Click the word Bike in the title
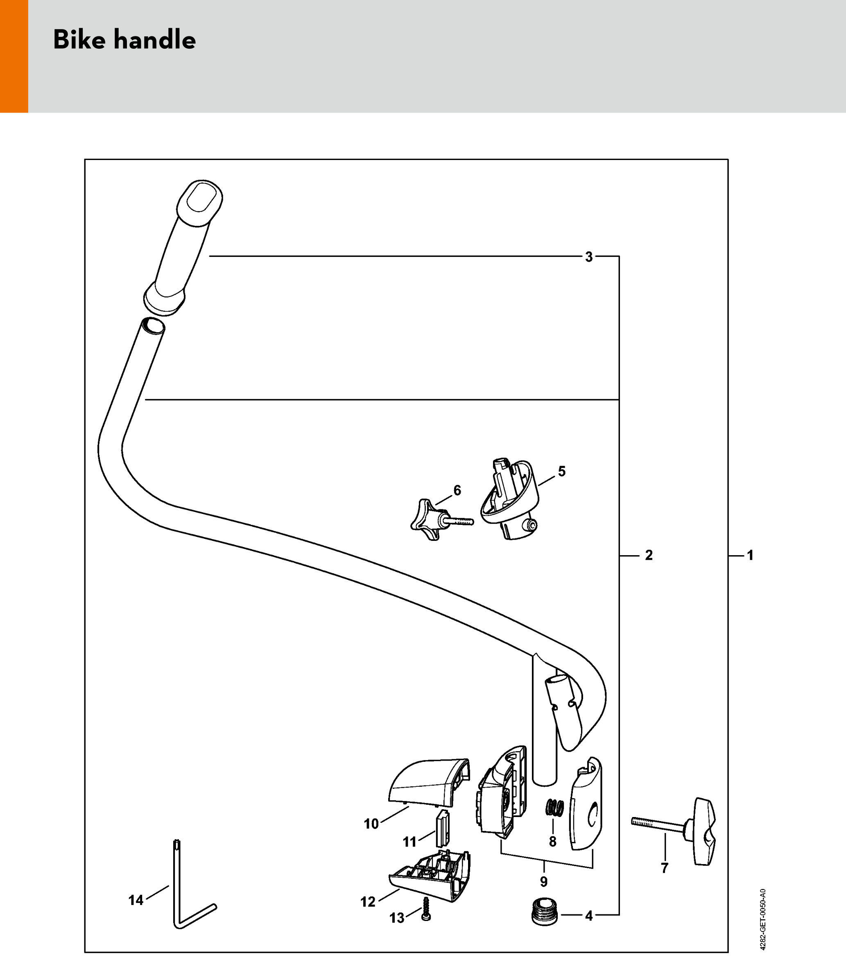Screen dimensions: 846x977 point(79,40)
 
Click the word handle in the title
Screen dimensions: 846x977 point(154,40)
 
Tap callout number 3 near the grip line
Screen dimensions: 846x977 point(589,257)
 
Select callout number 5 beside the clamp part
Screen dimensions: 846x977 point(562,471)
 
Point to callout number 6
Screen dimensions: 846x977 point(457,491)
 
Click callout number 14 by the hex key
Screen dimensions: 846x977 point(136,900)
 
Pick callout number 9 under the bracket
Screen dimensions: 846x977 point(544,881)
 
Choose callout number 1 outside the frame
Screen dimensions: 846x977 point(750,556)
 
